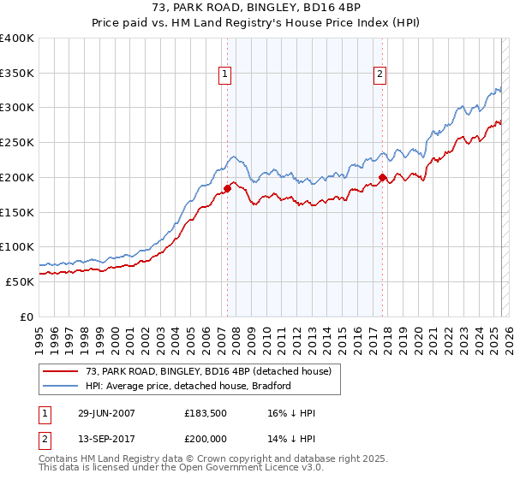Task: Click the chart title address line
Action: (257, 9)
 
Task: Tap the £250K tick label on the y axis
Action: (17, 143)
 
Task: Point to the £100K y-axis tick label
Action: (17, 246)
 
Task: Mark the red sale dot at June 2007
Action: (228, 188)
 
